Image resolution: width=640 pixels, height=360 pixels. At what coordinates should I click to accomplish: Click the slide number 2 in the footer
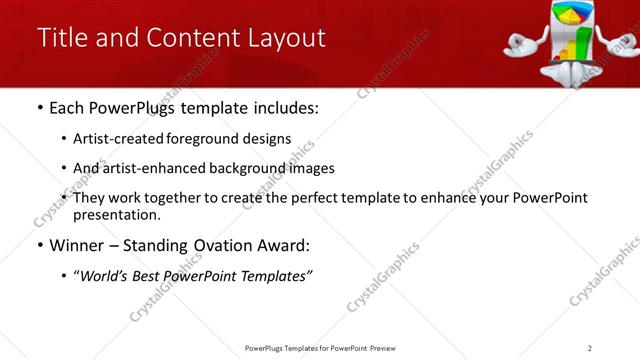(590, 348)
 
